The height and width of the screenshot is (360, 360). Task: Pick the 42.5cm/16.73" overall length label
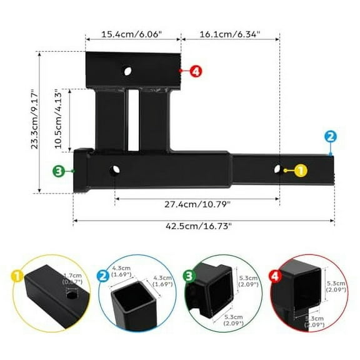tap(204, 226)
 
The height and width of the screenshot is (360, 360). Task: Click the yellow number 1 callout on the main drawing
tap(300, 169)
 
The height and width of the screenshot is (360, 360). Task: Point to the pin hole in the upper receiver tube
tap(128, 71)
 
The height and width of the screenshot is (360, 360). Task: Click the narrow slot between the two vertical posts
tap(133, 119)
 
